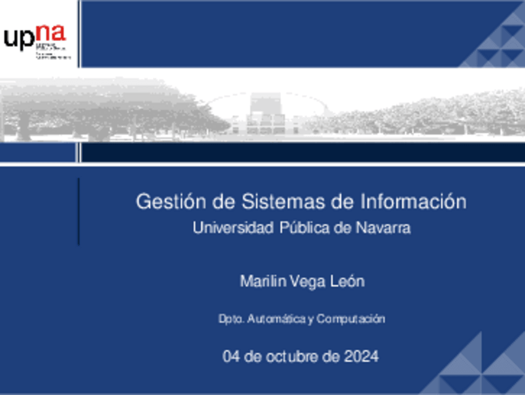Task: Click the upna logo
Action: (36, 41)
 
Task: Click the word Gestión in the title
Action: (161, 202)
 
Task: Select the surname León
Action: (347, 282)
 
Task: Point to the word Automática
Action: (276, 319)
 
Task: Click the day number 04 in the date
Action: (230, 357)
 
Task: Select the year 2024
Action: (360, 357)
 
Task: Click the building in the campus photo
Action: (266, 115)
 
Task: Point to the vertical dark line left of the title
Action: (79, 211)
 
